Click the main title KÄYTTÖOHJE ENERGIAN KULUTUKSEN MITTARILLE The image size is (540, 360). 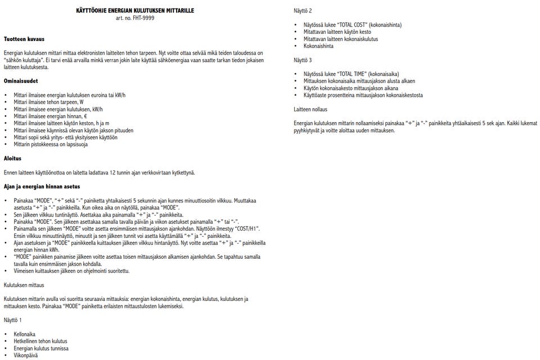(x=135, y=11)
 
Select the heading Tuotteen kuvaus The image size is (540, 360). (x=24, y=39)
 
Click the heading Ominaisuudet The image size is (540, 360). (x=21, y=81)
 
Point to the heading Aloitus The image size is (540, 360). (x=12, y=159)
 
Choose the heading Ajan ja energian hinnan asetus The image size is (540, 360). (x=42, y=186)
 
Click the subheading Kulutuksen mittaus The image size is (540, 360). (x=24, y=285)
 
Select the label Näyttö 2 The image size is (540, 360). (x=303, y=11)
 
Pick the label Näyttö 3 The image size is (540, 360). (x=303, y=60)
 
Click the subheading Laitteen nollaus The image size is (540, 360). (x=310, y=109)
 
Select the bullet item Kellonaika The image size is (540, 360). (x=25, y=334)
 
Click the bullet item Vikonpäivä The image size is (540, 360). (x=25, y=355)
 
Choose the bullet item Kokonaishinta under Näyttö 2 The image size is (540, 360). (x=318, y=46)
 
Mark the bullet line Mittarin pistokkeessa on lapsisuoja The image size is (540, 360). (x=51, y=145)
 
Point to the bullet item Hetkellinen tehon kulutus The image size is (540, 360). (x=40, y=341)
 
